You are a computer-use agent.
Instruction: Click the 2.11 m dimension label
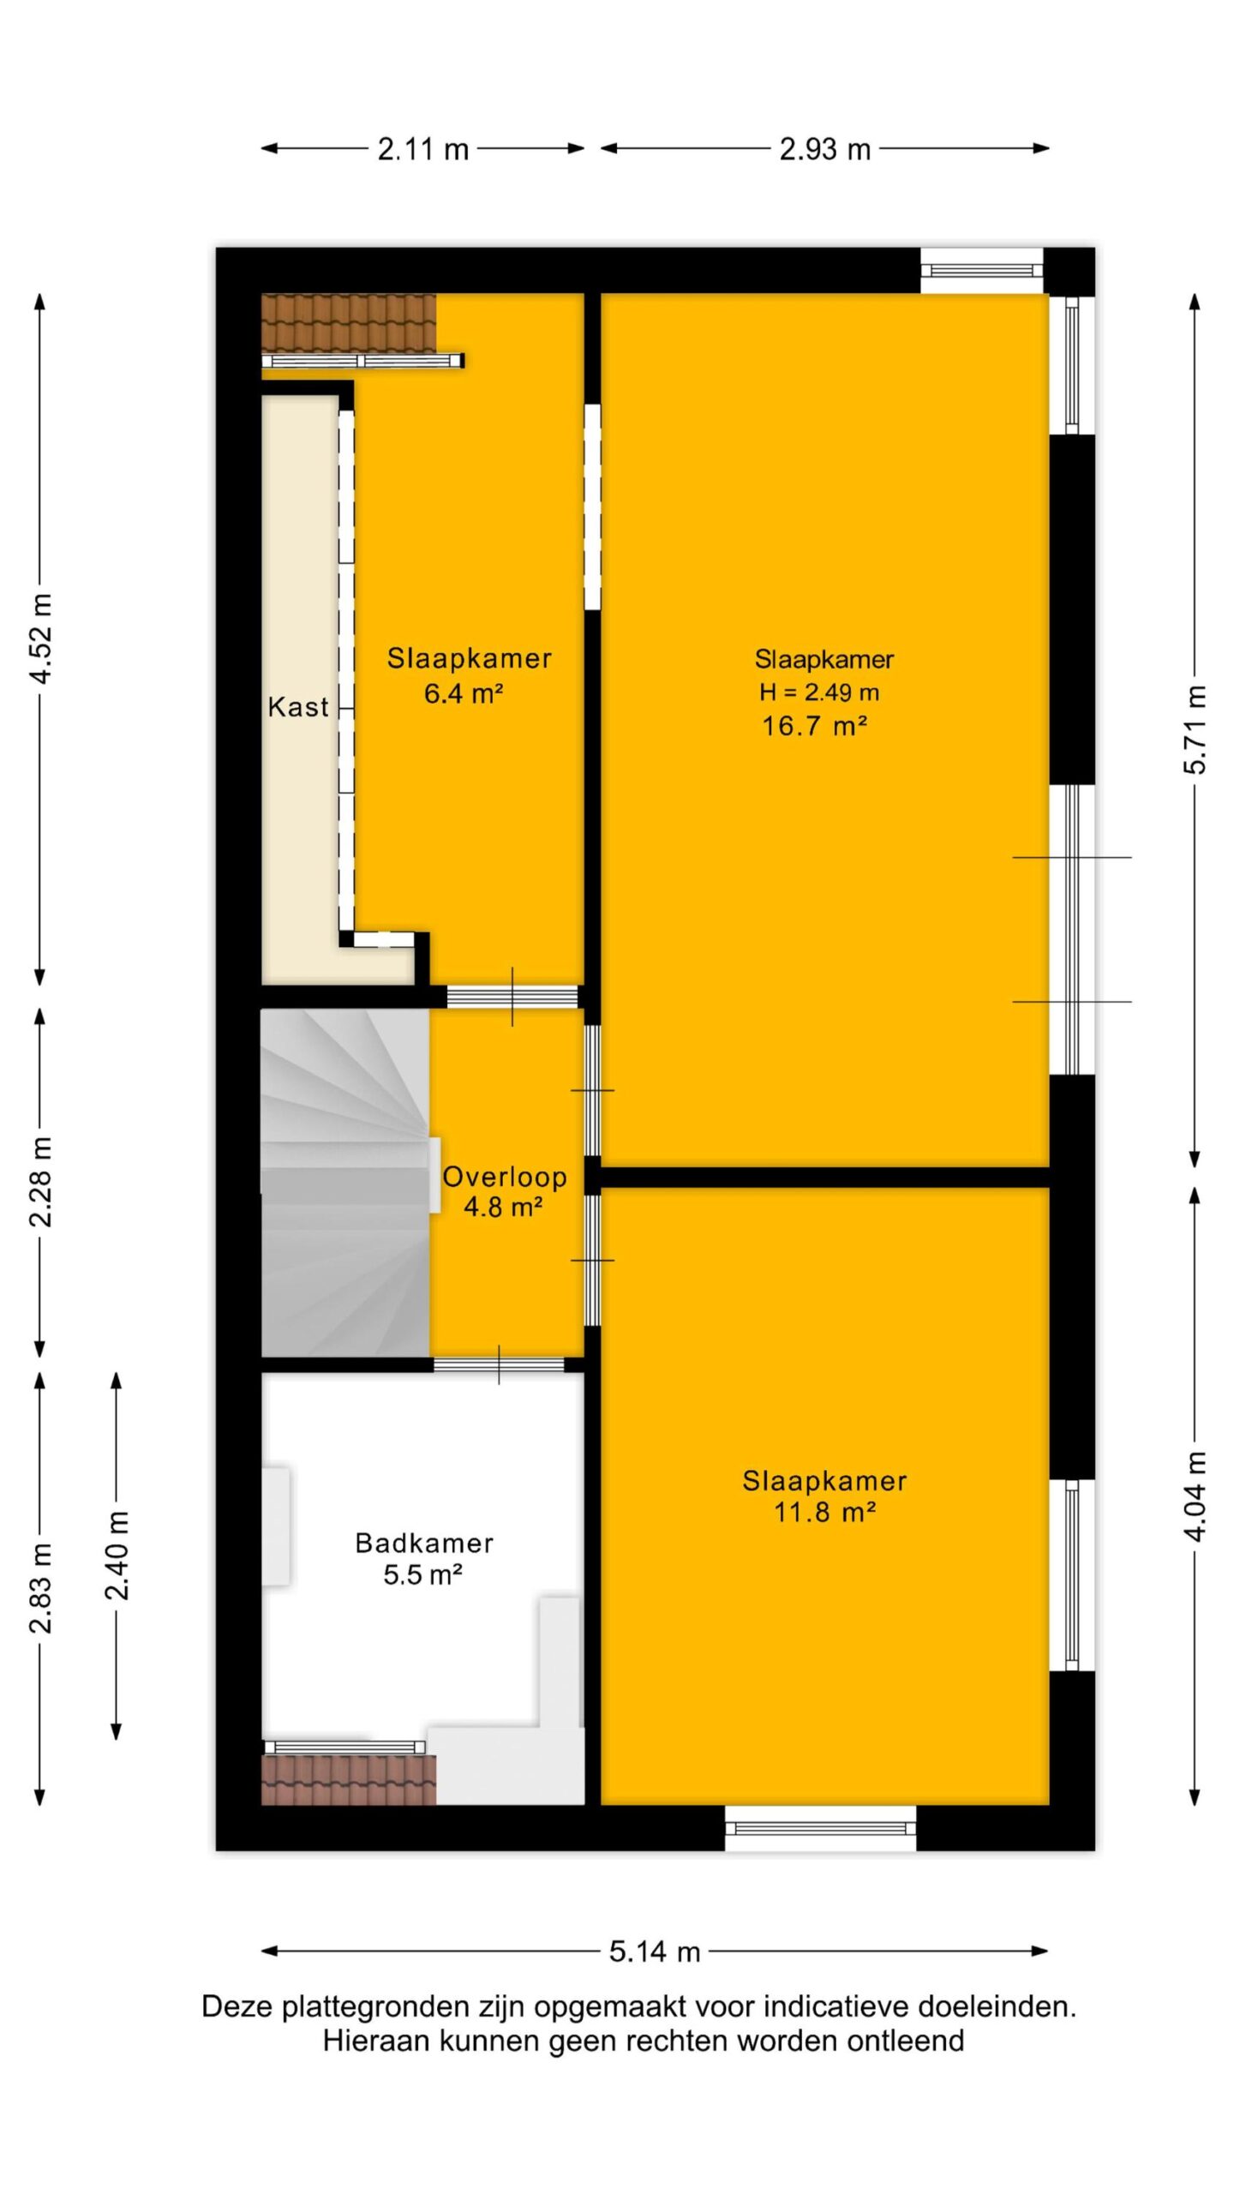[423, 150]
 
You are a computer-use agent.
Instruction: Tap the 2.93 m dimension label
[824, 150]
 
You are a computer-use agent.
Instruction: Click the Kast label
[298, 707]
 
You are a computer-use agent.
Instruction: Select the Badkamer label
[424, 1544]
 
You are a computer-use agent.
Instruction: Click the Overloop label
[505, 1177]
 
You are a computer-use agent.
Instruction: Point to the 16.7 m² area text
[815, 726]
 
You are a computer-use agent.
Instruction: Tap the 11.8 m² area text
[824, 1512]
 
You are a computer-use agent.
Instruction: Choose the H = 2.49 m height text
[819, 692]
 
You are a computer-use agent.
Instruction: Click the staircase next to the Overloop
[345, 1183]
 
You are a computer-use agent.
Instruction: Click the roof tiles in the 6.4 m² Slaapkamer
[349, 322]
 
